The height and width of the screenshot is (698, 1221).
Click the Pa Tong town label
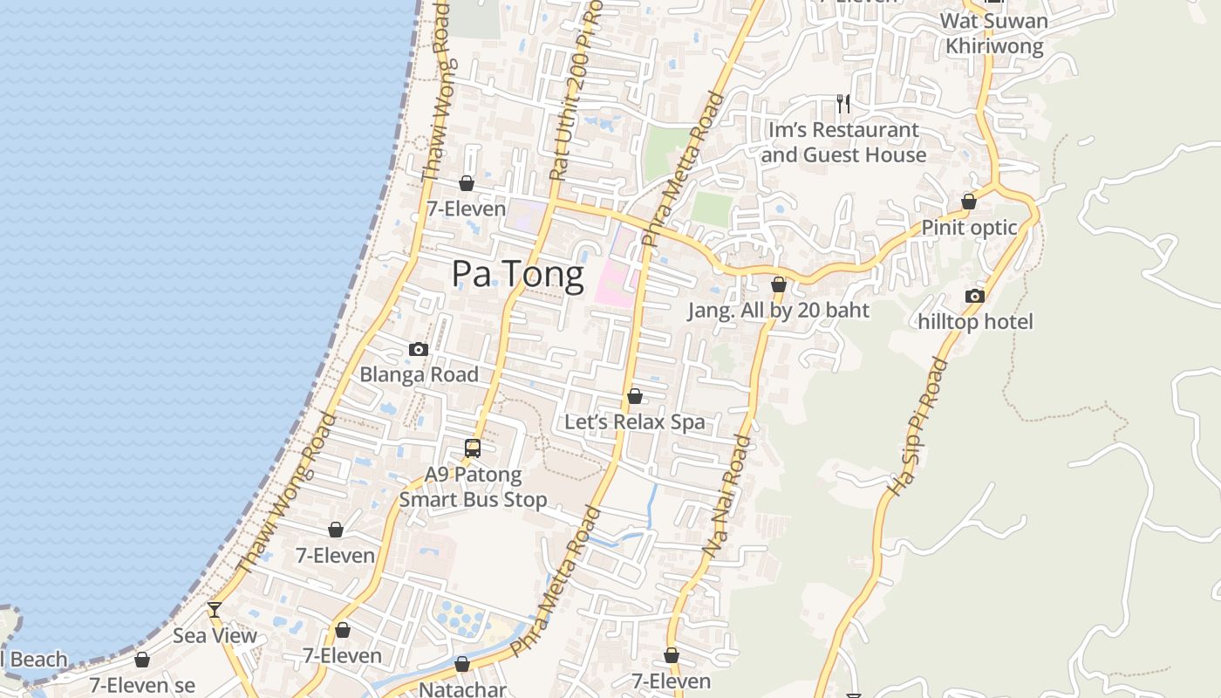[x=517, y=275]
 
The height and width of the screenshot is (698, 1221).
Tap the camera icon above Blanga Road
[x=419, y=349]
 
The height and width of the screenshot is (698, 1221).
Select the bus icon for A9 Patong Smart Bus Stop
[x=473, y=448]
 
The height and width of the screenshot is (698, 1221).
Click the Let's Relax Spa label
[x=634, y=422]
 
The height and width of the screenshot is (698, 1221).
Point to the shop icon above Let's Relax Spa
[x=635, y=397]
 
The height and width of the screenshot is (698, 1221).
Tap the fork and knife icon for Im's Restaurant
[x=842, y=104]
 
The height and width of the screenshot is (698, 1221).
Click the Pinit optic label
[x=969, y=228]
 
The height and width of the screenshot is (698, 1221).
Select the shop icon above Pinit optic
[x=968, y=202]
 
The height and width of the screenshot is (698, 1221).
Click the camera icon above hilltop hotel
[x=975, y=297]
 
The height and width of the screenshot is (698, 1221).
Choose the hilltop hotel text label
[x=975, y=322]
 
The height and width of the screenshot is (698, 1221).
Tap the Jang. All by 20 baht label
[x=778, y=310]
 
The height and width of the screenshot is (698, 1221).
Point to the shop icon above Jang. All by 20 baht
[x=779, y=284]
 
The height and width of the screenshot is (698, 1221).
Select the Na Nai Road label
[x=726, y=496]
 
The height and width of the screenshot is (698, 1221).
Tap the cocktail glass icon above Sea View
[x=215, y=610]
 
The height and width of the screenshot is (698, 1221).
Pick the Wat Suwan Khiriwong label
[x=994, y=33]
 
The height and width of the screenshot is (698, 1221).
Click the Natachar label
[x=462, y=689]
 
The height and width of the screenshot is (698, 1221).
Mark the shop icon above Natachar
[x=462, y=665]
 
